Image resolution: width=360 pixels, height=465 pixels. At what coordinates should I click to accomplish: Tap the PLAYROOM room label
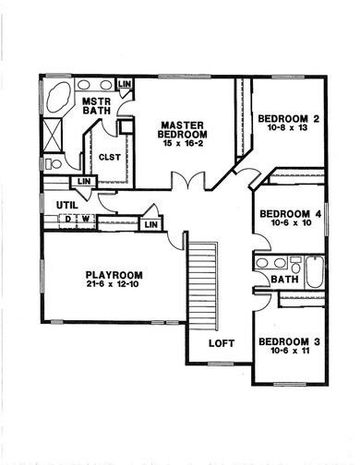(114, 275)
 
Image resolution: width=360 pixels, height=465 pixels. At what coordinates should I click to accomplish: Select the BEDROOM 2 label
(289, 118)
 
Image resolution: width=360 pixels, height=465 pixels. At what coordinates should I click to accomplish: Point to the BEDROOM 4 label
(289, 214)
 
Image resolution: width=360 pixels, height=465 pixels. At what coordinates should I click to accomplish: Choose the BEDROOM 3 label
(289, 342)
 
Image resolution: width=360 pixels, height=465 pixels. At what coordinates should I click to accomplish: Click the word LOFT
(222, 343)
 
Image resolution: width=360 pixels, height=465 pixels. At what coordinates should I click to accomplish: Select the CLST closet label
(111, 157)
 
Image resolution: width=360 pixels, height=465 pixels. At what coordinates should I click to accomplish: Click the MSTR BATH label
(97, 107)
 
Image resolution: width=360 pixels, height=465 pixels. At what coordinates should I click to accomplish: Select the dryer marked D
(67, 220)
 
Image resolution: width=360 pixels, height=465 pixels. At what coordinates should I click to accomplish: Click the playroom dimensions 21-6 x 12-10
(114, 287)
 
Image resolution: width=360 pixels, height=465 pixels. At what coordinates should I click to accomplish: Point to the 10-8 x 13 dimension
(289, 130)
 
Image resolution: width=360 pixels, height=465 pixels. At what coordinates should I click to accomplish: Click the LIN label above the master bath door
(126, 85)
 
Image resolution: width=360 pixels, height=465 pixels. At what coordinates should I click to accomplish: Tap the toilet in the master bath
(55, 163)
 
